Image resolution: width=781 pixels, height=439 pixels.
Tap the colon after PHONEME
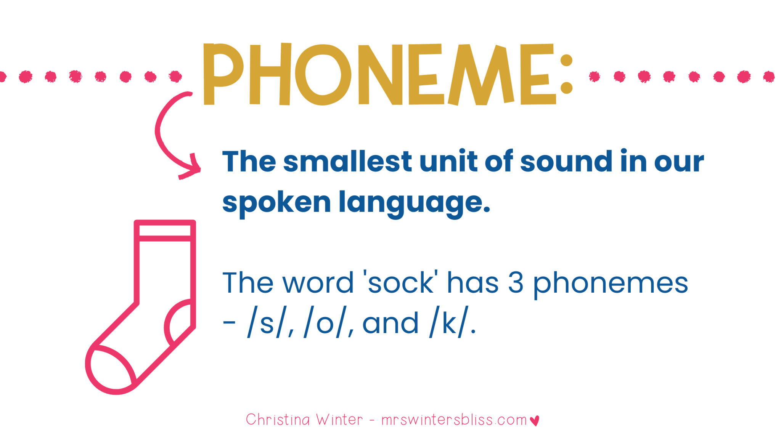[x=566, y=74]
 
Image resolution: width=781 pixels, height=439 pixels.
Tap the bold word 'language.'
[x=414, y=203]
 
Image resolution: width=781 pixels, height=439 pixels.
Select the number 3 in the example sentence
[x=516, y=283]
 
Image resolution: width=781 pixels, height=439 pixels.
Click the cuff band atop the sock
[x=165, y=231]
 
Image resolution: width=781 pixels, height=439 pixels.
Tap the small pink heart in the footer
[x=535, y=420]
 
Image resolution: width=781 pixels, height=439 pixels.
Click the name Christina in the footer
[x=278, y=420]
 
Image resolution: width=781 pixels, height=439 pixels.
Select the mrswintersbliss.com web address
[x=454, y=420]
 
